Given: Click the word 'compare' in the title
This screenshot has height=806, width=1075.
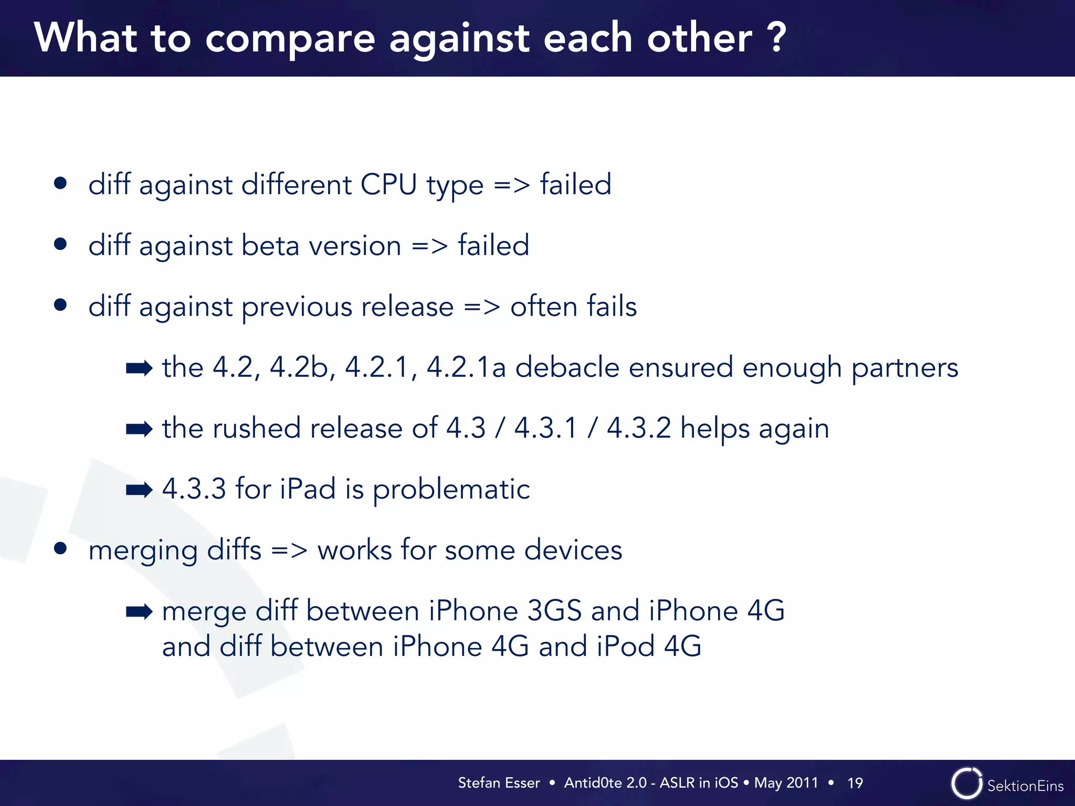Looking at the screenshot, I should (290, 39).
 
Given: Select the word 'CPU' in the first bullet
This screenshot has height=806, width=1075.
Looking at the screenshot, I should (388, 185).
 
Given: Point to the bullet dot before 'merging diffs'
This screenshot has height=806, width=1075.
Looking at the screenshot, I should (60, 549).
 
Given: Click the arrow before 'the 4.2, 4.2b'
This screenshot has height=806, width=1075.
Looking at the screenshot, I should (139, 368).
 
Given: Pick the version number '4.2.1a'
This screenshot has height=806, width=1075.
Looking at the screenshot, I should (466, 367).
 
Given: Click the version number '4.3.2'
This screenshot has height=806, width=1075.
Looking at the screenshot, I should (639, 428).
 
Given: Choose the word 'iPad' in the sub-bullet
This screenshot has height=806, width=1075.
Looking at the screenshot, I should (308, 489).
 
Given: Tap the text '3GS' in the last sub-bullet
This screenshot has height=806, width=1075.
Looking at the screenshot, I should (554, 611).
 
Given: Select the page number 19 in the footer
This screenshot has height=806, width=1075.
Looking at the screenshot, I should (855, 783).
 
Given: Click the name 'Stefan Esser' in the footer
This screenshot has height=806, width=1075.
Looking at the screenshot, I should (499, 783).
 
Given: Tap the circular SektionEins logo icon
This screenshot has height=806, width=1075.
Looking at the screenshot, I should (966, 783).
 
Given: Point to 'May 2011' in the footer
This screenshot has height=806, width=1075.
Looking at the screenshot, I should (786, 783).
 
